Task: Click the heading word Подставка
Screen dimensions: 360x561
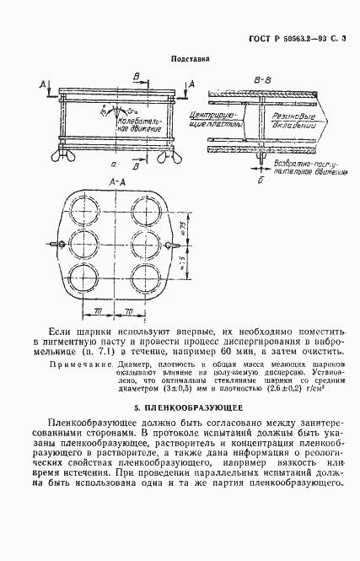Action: (190, 59)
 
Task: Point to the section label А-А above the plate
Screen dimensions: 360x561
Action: (118, 181)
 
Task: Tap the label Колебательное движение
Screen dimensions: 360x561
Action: (123, 123)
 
